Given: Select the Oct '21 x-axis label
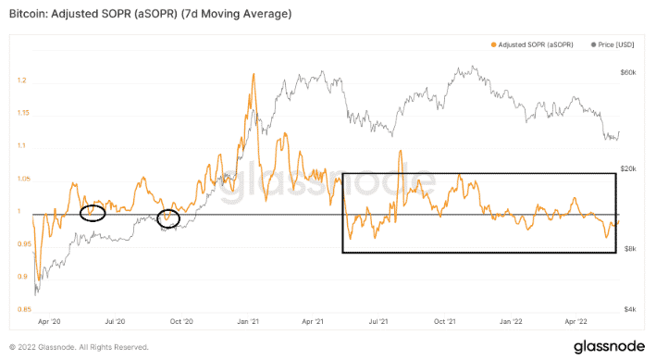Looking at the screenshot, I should [447, 323].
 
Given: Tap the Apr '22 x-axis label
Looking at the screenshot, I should [577, 323].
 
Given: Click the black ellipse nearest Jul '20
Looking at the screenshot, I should [93, 214].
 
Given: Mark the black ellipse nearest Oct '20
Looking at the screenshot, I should [168, 219].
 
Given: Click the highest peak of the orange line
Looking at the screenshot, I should [253, 75].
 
